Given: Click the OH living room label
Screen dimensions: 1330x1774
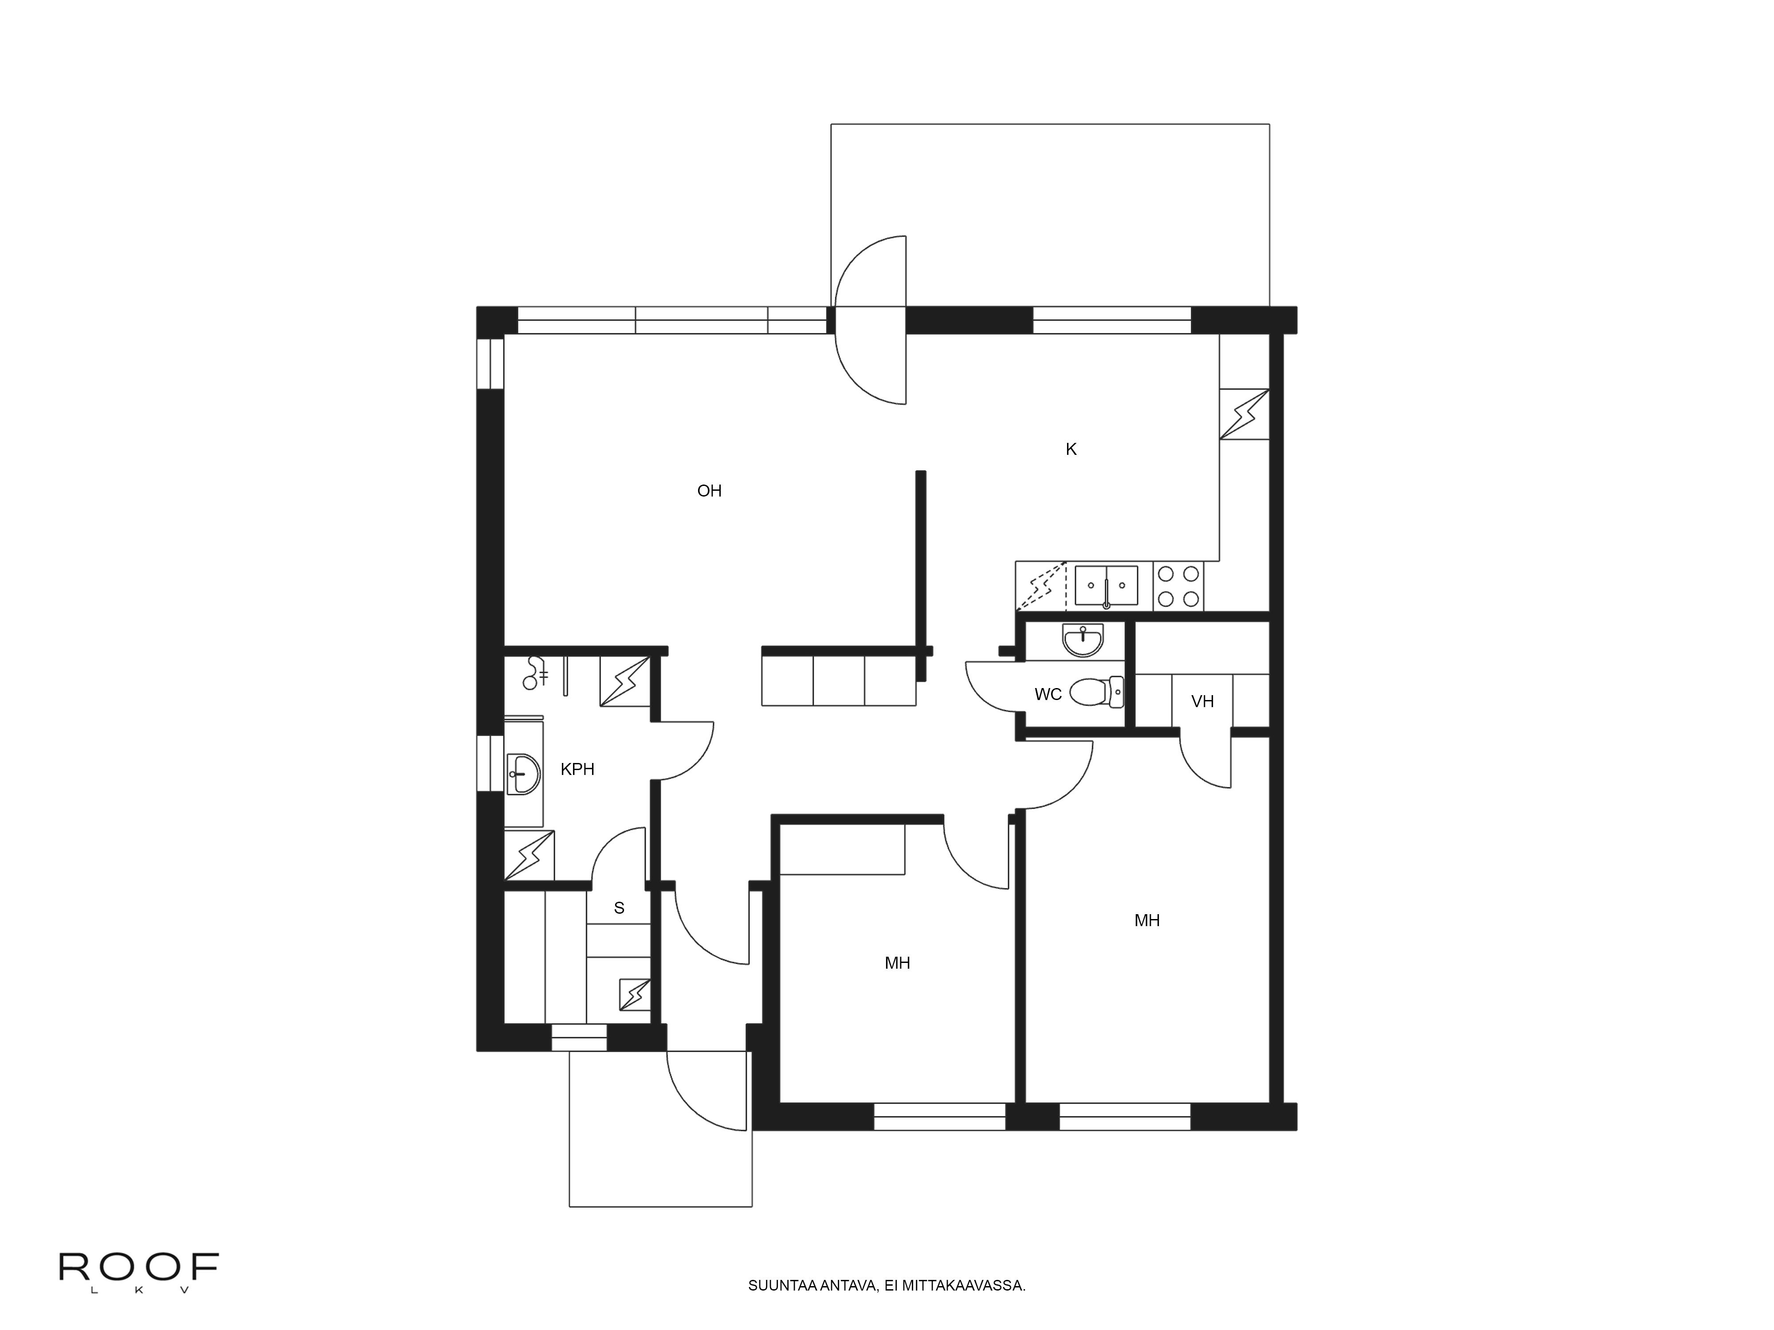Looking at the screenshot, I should click(x=709, y=491).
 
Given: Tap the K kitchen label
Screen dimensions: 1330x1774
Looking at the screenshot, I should click(x=1071, y=450).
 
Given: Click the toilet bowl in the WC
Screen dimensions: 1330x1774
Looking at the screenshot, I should click(x=1095, y=692).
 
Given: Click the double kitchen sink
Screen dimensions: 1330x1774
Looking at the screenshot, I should click(x=1106, y=586).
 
